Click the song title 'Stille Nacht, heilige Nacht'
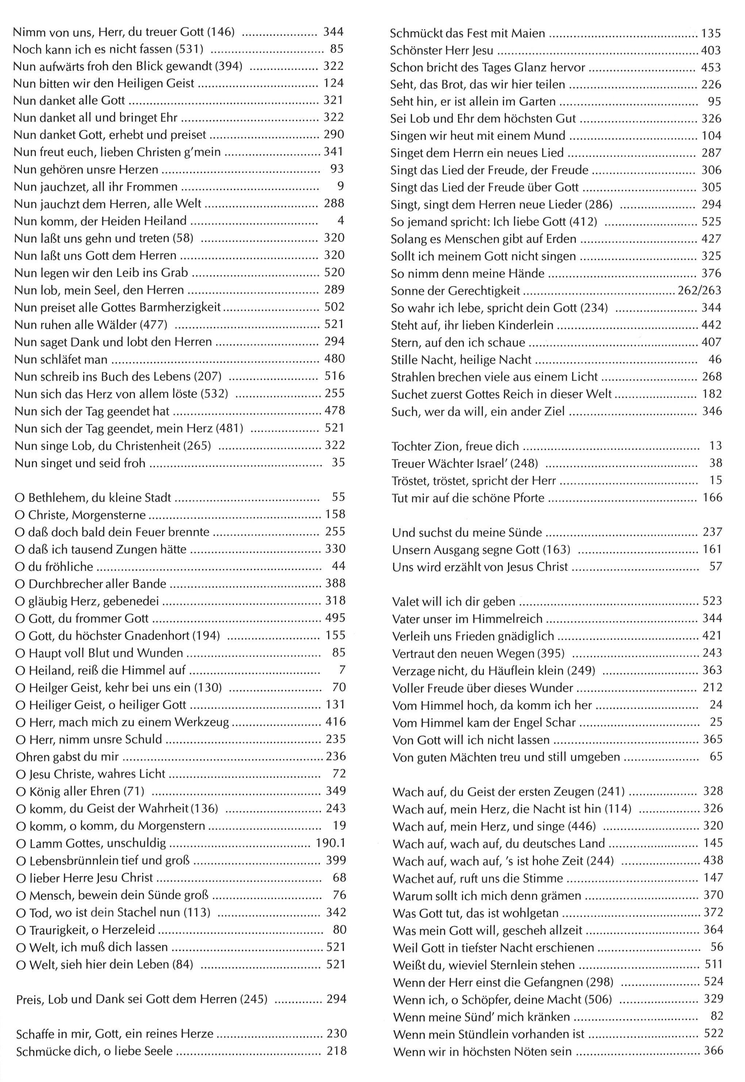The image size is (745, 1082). pos(461,359)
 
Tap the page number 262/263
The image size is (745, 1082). pos(699,291)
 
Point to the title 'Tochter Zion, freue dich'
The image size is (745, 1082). pos(455,446)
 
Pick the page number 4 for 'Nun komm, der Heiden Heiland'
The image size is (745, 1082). pos(341,220)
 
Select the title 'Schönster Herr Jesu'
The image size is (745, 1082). pos(441,50)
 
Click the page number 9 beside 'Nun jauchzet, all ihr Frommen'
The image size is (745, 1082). pos(340,186)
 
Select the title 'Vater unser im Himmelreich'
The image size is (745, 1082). pos(467,619)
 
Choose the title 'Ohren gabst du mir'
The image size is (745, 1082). pos(67,756)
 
